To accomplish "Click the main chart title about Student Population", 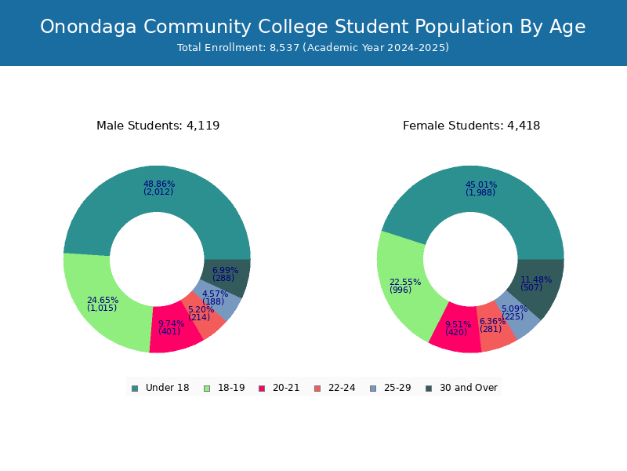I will [313, 27].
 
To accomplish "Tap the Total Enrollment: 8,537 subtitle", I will [313, 48].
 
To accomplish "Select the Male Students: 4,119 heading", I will [158, 126].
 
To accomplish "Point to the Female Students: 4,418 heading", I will [471, 126].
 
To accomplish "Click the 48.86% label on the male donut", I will [159, 184].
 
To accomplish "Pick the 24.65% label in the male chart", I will [103, 300].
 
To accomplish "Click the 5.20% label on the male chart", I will [201, 309].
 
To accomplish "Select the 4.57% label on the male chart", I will [215, 294].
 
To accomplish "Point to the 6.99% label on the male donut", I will [225, 270].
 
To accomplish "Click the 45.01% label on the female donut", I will [481, 184].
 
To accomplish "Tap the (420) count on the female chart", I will [456, 333].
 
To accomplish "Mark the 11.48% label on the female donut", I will [536, 279].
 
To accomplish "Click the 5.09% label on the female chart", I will [513, 309].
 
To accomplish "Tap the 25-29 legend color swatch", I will [373, 388].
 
